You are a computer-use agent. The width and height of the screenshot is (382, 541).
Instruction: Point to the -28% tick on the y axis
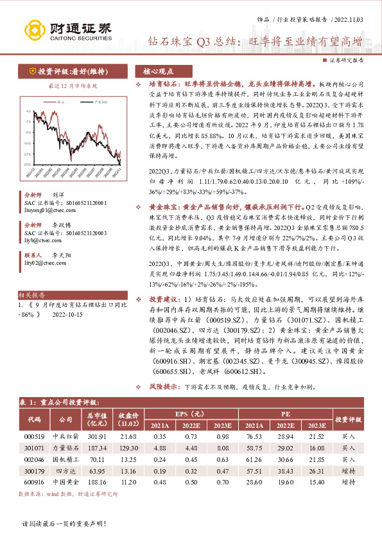(28, 163)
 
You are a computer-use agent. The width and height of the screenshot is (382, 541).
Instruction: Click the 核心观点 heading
(158, 72)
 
